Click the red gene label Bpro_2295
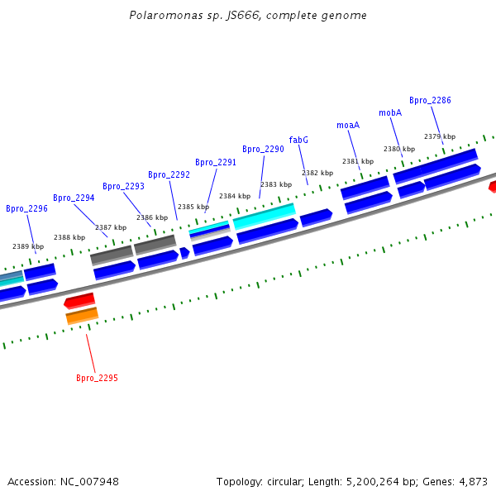click(97, 378)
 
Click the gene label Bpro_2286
click(430, 100)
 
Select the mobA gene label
click(390, 112)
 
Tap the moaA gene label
click(348, 125)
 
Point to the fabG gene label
click(298, 140)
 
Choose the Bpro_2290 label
click(263, 149)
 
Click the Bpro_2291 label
click(216, 162)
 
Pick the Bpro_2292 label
click(169, 174)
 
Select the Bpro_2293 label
click(123, 186)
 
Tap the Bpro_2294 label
click(74, 198)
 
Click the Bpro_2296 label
click(26, 208)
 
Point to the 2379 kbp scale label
click(440, 136)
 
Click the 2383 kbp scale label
click(276, 184)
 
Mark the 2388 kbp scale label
click(69, 237)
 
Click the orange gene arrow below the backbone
click(82, 315)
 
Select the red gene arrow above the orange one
click(79, 300)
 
